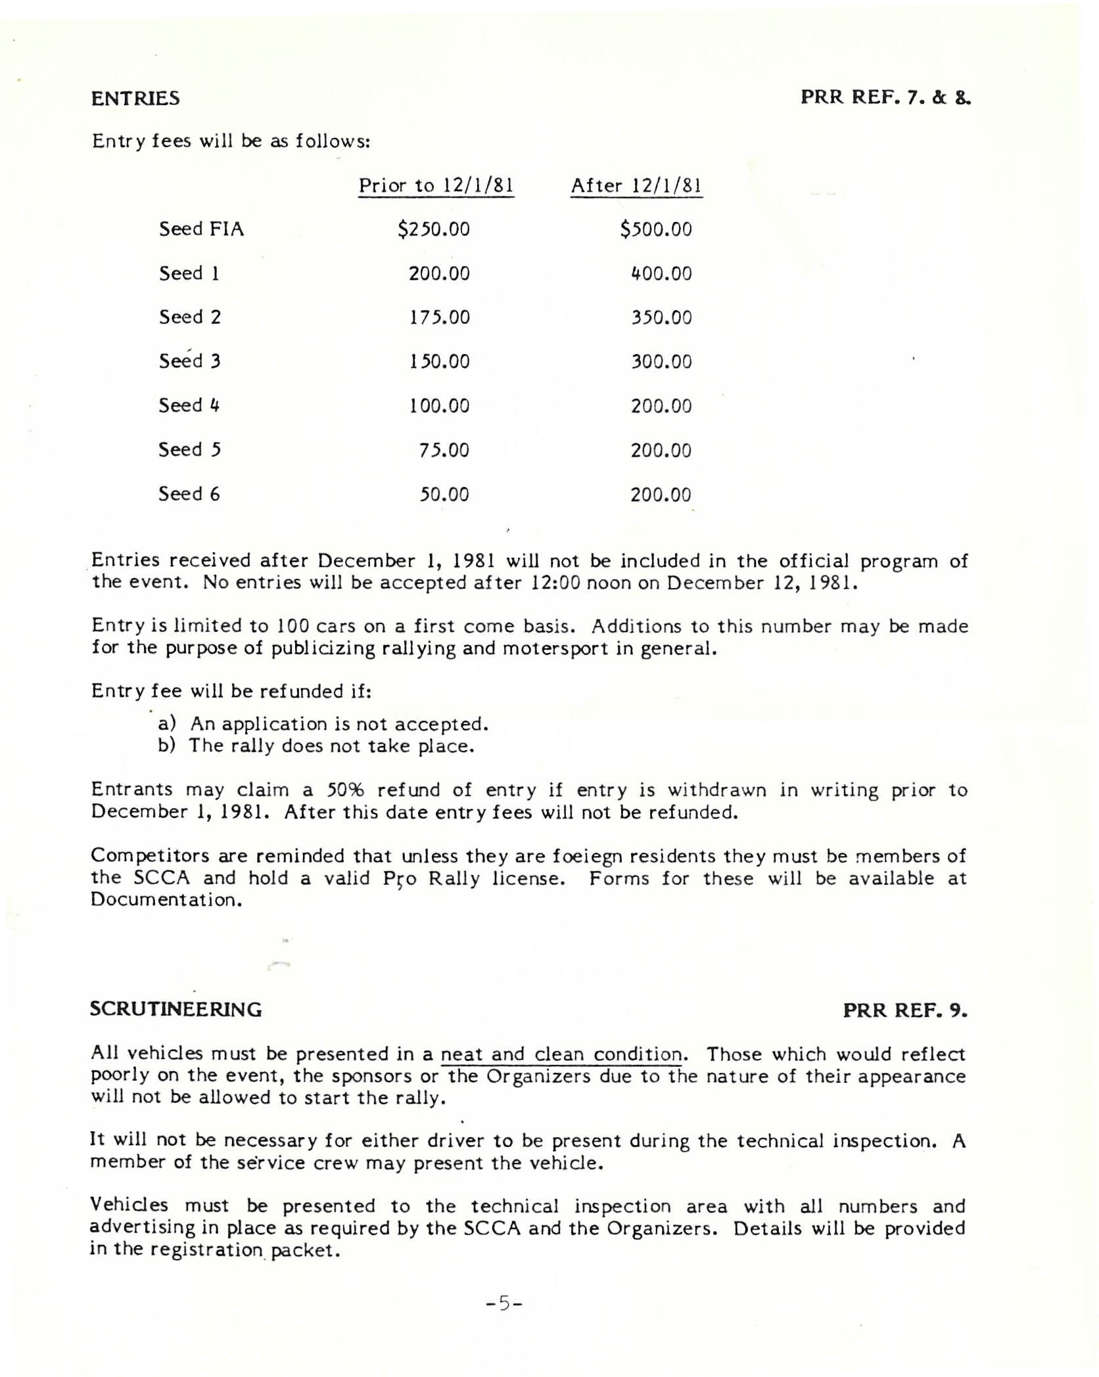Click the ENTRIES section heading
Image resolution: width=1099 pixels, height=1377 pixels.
click(x=135, y=99)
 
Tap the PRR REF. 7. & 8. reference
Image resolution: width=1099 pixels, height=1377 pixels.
click(x=885, y=98)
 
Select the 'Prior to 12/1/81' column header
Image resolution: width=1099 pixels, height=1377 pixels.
click(x=435, y=185)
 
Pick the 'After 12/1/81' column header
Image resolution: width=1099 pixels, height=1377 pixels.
click(x=636, y=185)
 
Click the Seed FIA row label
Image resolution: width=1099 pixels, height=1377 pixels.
click(x=201, y=229)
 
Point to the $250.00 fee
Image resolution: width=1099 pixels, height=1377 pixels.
click(x=433, y=229)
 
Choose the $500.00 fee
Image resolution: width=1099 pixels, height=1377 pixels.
click(x=655, y=229)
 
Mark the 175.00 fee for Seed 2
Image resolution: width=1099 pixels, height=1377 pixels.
click(x=439, y=317)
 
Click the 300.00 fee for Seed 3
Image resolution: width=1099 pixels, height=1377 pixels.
click(x=661, y=361)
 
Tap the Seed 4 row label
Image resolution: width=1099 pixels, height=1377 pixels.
click(x=189, y=405)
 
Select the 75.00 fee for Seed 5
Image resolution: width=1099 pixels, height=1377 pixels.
click(x=444, y=450)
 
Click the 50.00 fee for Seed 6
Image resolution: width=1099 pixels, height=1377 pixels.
click(x=444, y=494)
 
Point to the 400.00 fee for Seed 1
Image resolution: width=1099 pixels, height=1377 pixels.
click(x=661, y=273)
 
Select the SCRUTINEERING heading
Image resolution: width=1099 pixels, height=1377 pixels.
click(x=175, y=1009)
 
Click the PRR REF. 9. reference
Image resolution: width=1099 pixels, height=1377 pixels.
click(x=904, y=1010)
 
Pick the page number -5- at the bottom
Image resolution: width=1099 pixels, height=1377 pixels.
click(x=503, y=1302)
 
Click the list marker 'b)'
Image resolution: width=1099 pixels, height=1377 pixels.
click(x=166, y=746)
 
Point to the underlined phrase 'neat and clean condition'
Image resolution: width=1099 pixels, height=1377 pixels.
click(x=561, y=1054)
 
